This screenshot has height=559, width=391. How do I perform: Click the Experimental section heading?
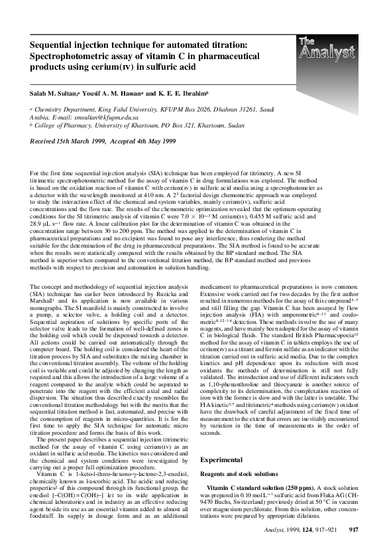225,441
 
